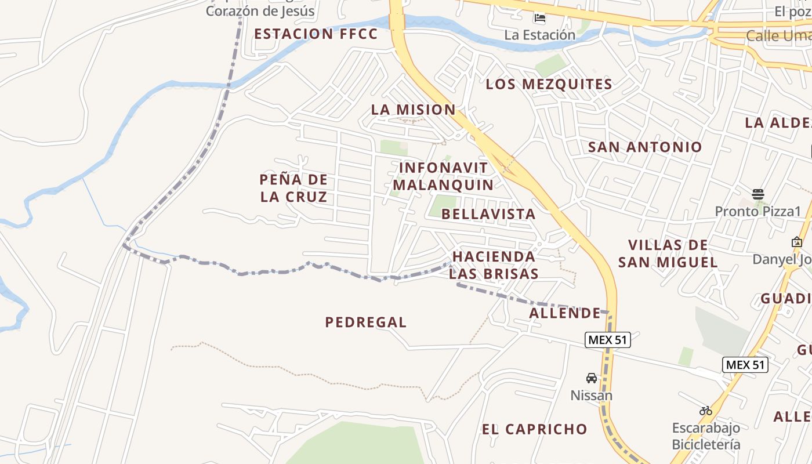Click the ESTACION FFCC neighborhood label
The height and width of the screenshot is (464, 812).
click(x=316, y=34)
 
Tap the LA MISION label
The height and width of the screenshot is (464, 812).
click(x=413, y=110)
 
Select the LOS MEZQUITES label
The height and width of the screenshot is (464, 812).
click(x=549, y=85)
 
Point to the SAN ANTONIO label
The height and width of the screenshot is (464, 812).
click(x=645, y=147)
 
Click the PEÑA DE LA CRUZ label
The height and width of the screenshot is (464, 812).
click(x=293, y=188)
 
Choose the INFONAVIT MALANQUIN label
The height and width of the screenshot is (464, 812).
click(x=443, y=176)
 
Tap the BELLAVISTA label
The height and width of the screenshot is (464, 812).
click(x=488, y=214)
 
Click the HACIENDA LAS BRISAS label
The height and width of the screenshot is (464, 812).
click(x=494, y=265)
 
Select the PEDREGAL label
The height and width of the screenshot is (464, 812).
click(x=366, y=322)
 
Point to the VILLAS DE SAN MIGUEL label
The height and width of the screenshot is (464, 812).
click(x=668, y=253)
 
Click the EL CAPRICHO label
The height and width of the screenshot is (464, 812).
click(x=535, y=430)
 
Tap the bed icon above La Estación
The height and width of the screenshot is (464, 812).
click(x=540, y=18)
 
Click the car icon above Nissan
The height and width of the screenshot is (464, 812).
click(x=592, y=378)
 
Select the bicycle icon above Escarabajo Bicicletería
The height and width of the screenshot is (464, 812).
click(x=706, y=411)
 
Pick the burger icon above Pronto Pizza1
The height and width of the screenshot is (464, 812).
click(x=757, y=194)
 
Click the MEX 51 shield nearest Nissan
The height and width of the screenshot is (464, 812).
click(x=607, y=340)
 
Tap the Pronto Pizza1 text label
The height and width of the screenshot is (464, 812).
click(x=757, y=211)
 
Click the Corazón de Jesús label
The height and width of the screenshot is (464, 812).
click(x=260, y=10)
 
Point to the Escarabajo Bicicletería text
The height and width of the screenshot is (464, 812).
click(x=706, y=436)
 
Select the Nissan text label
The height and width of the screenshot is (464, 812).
click(x=592, y=396)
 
